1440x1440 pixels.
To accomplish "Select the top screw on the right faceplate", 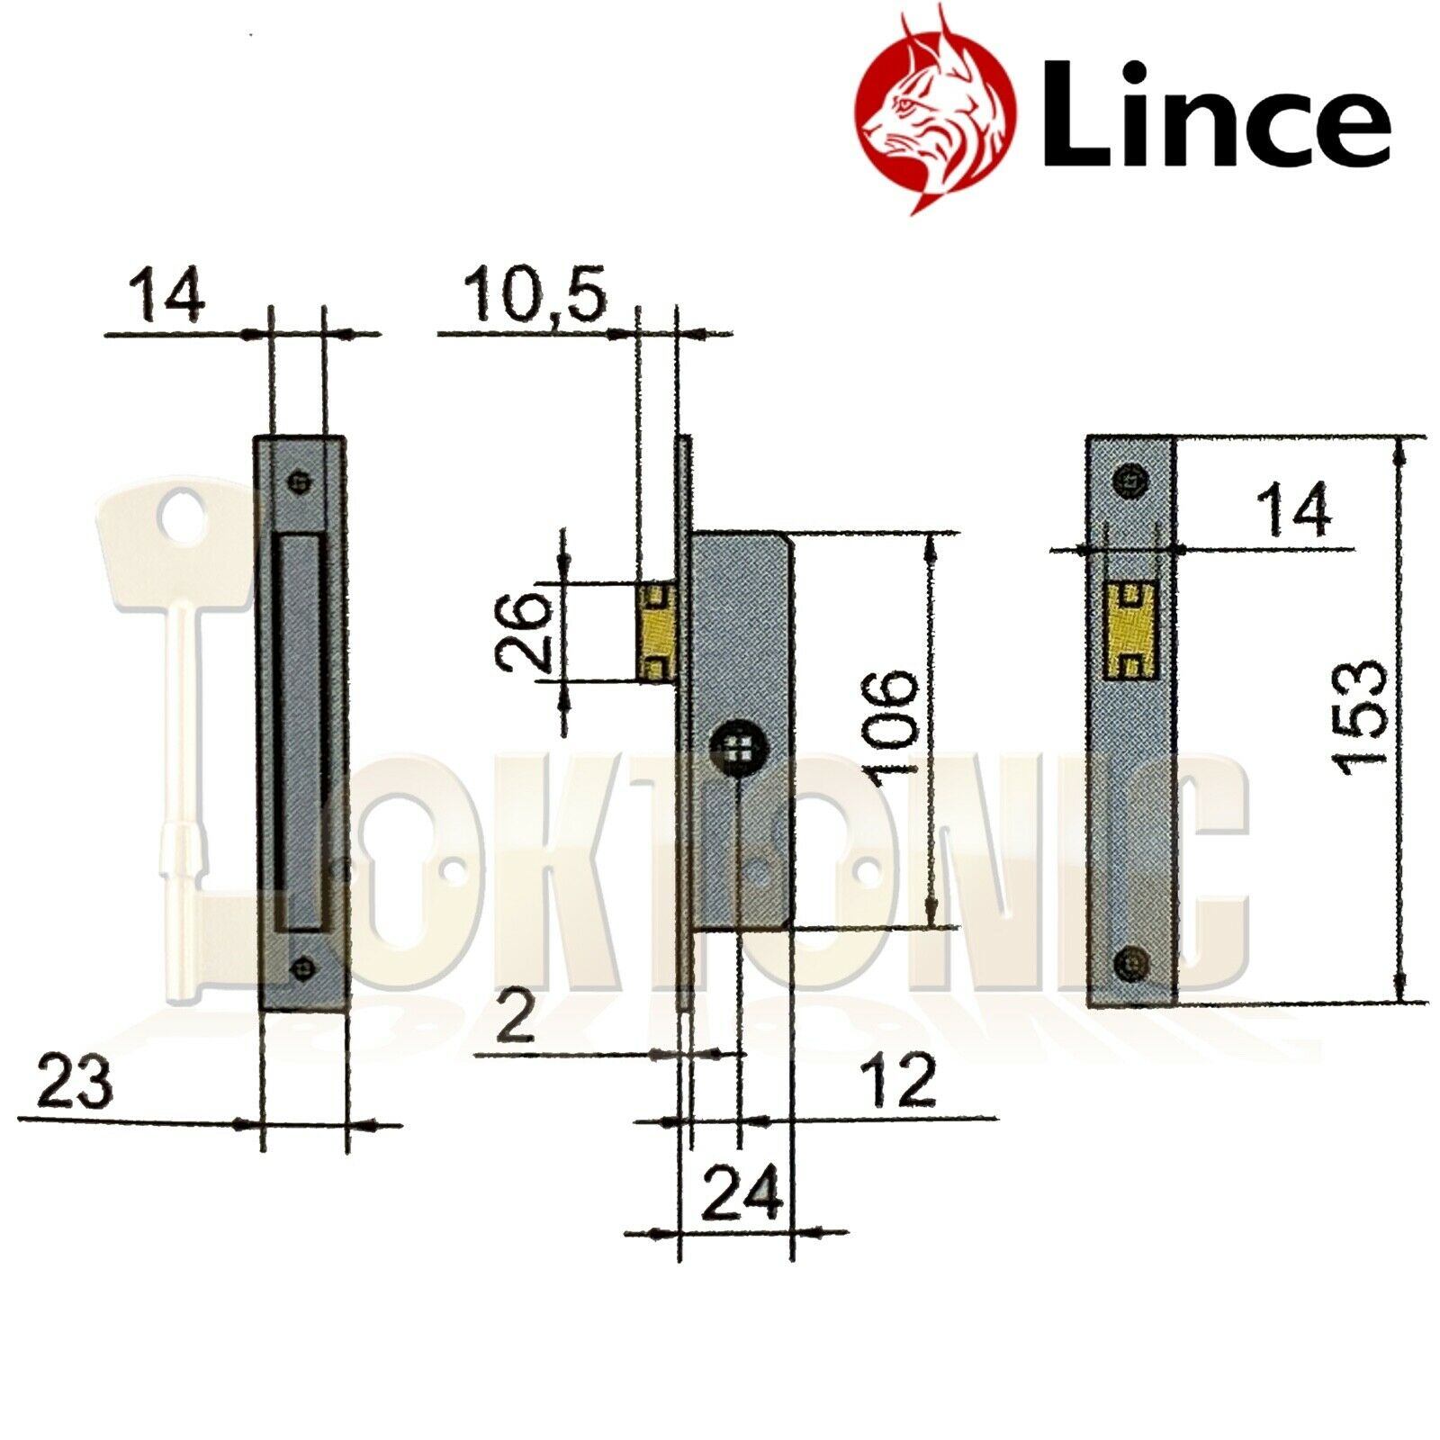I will point(1130,479).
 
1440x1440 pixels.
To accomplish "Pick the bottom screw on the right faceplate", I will point(1130,963).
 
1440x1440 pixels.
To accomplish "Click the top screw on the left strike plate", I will point(301,481).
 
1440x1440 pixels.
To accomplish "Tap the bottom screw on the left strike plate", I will point(302,968).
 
